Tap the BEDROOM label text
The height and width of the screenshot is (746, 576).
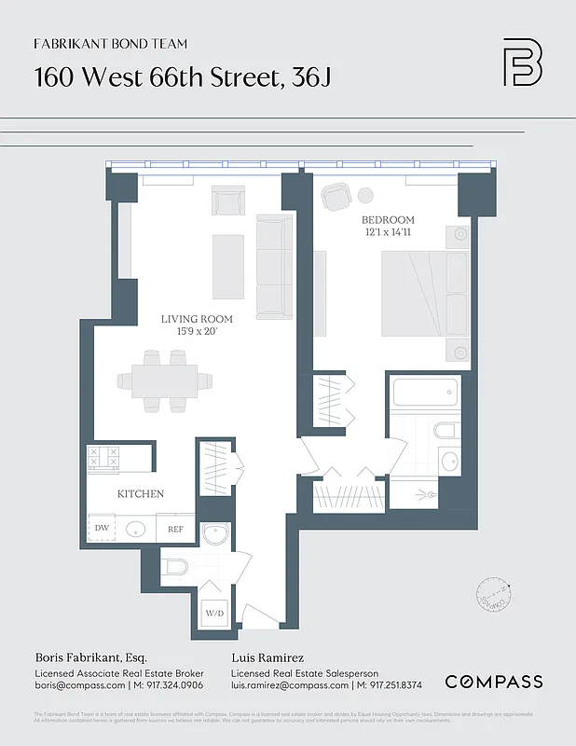pyautogui.click(x=388, y=220)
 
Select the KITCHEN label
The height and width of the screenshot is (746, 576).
pyautogui.click(x=140, y=493)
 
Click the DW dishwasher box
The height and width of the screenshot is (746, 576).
pyautogui.click(x=102, y=529)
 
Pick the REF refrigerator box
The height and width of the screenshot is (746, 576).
pyautogui.click(x=175, y=529)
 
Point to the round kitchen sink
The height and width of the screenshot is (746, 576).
pyautogui.click(x=136, y=529)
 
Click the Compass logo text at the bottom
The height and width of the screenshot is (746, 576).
pyautogui.click(x=493, y=682)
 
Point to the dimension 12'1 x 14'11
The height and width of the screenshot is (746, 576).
pyautogui.click(x=388, y=233)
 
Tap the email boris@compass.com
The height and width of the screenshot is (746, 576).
pyautogui.click(x=80, y=684)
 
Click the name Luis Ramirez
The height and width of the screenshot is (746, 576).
pyautogui.click(x=267, y=656)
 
